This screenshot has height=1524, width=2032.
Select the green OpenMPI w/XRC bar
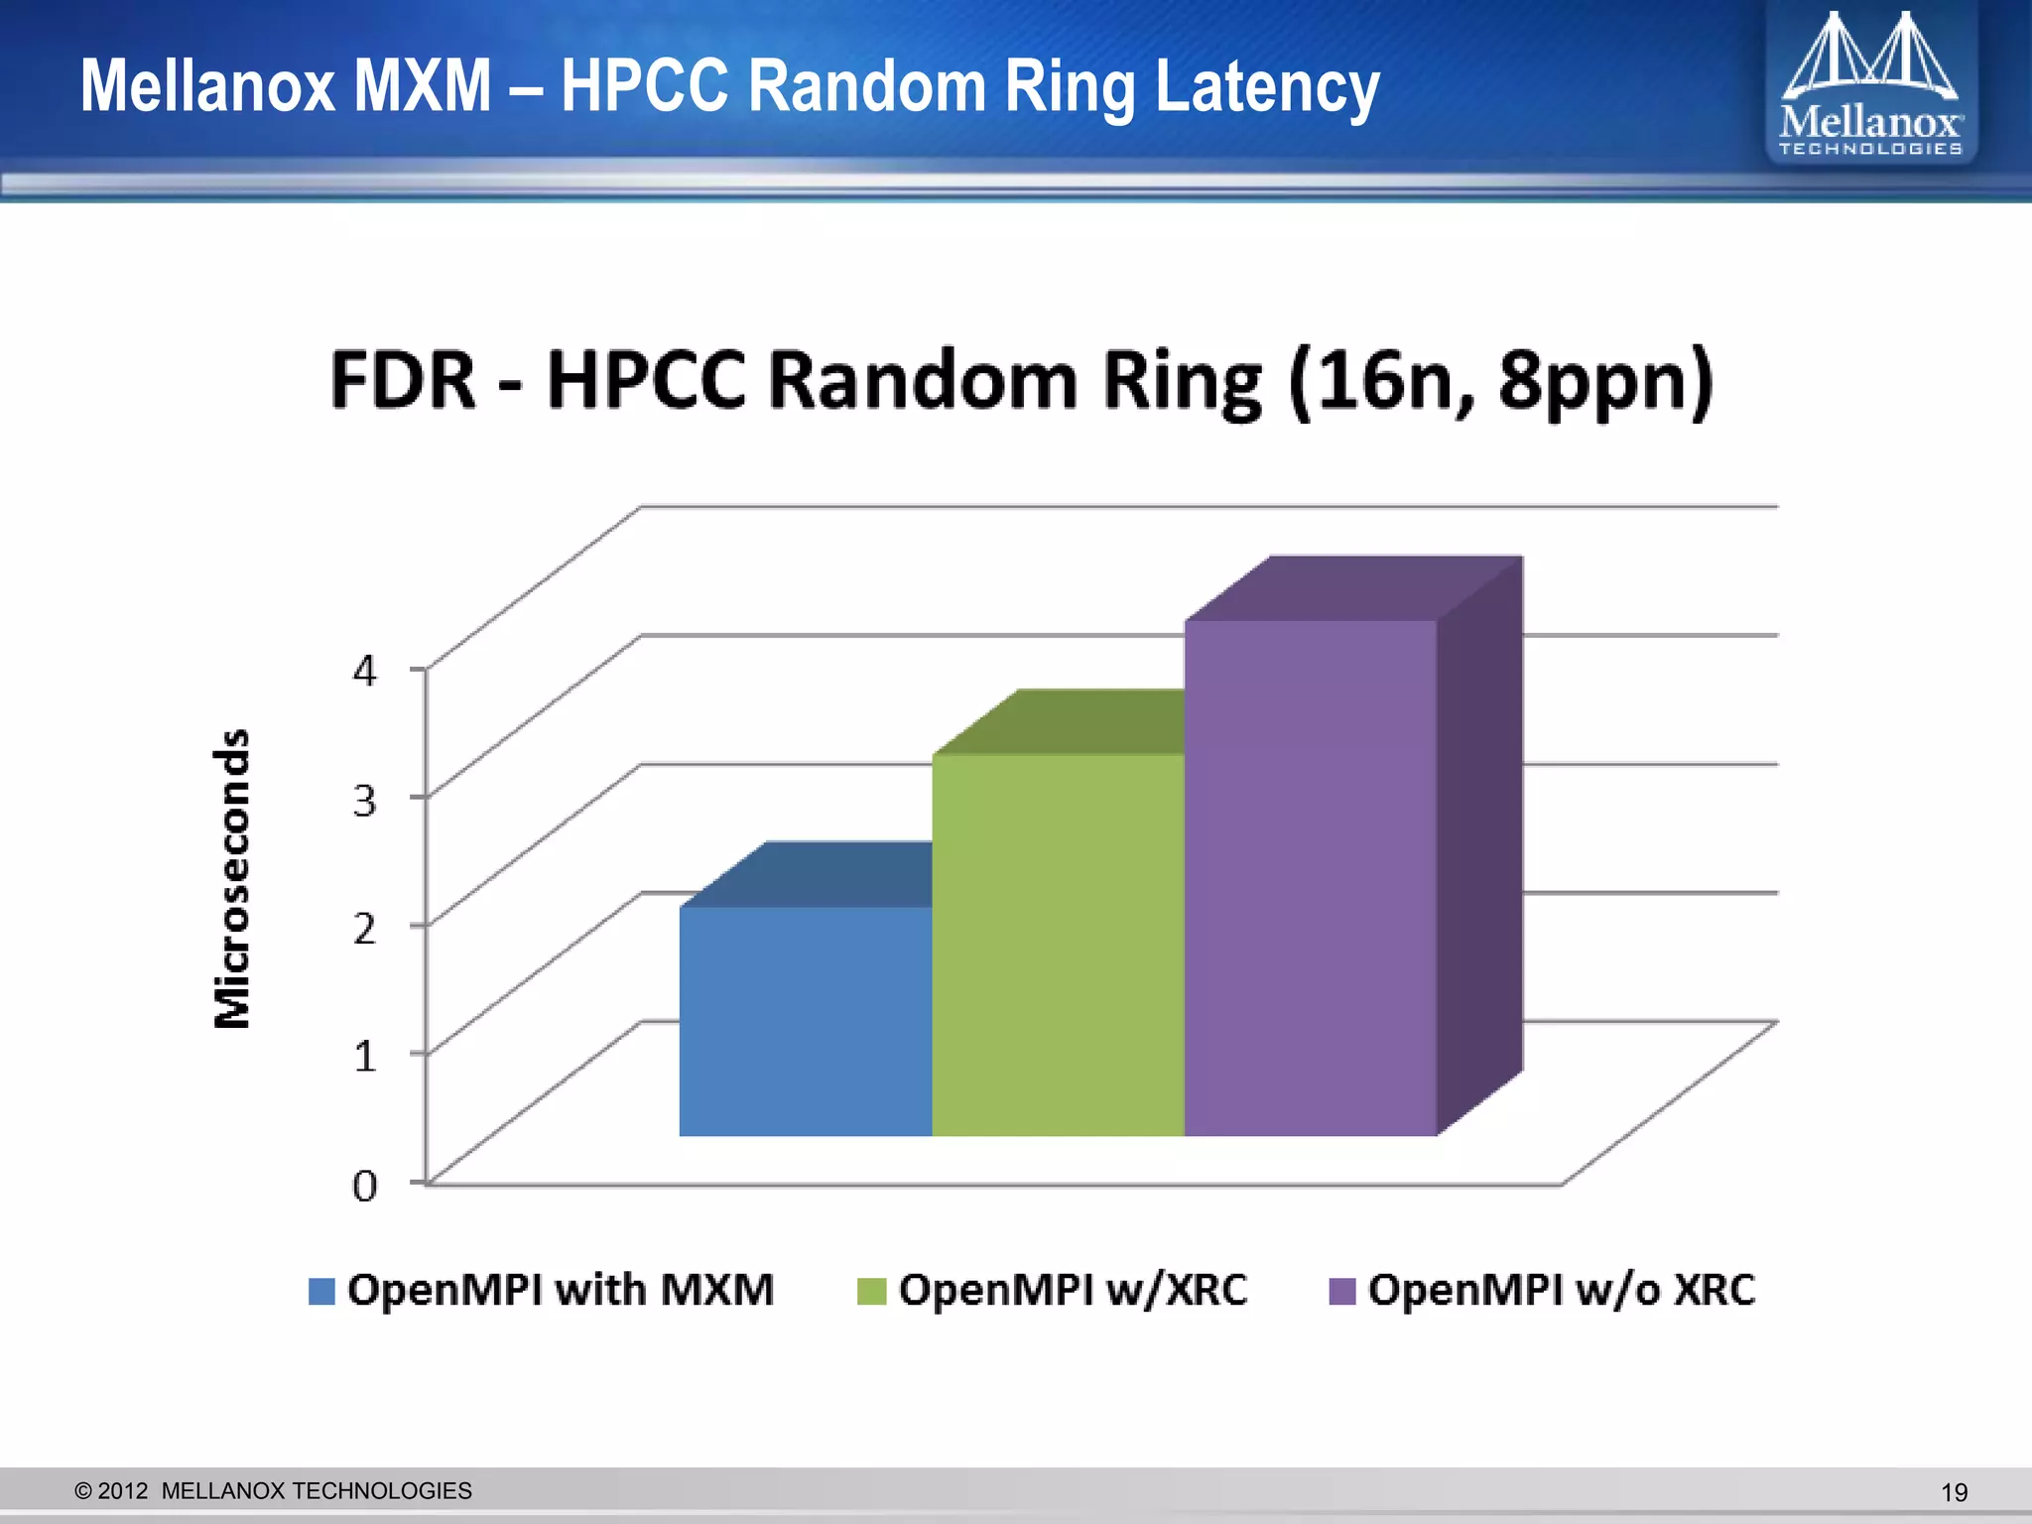click(x=1058, y=944)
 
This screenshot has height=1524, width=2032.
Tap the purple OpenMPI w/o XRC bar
click(x=1310, y=877)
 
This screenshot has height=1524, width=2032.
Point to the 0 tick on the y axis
click(x=365, y=1185)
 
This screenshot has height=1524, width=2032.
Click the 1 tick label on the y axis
click(x=365, y=1056)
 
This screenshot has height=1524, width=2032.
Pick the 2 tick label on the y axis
click(x=365, y=928)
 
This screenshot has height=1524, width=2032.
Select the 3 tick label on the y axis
click(x=365, y=800)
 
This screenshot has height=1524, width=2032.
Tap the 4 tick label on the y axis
click(x=365, y=671)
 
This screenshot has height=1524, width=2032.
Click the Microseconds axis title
click(x=232, y=879)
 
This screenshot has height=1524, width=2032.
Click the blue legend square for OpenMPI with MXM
click(x=321, y=1291)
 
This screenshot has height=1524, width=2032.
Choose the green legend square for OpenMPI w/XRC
click(x=870, y=1291)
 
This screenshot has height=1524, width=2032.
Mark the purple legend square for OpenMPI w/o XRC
click(x=1341, y=1291)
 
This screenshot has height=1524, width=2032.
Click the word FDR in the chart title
click(x=403, y=381)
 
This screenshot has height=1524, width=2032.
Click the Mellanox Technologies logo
click(x=1870, y=83)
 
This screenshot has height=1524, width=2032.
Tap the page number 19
click(x=1954, y=1492)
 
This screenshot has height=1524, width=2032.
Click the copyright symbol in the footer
click(x=83, y=1491)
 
